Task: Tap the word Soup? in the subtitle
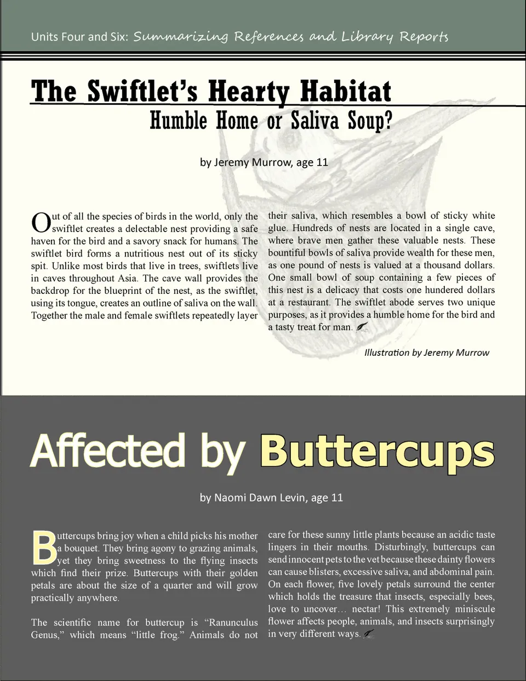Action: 370,121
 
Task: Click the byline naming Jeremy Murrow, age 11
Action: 264,162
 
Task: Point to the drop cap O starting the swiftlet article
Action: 41,223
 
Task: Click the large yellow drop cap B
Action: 44,547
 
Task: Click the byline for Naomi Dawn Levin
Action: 271,498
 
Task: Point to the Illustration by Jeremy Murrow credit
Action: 426,353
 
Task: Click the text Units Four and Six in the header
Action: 80,37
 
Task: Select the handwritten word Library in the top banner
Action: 367,37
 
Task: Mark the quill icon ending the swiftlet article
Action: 362,327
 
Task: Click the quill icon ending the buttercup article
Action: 369,634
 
